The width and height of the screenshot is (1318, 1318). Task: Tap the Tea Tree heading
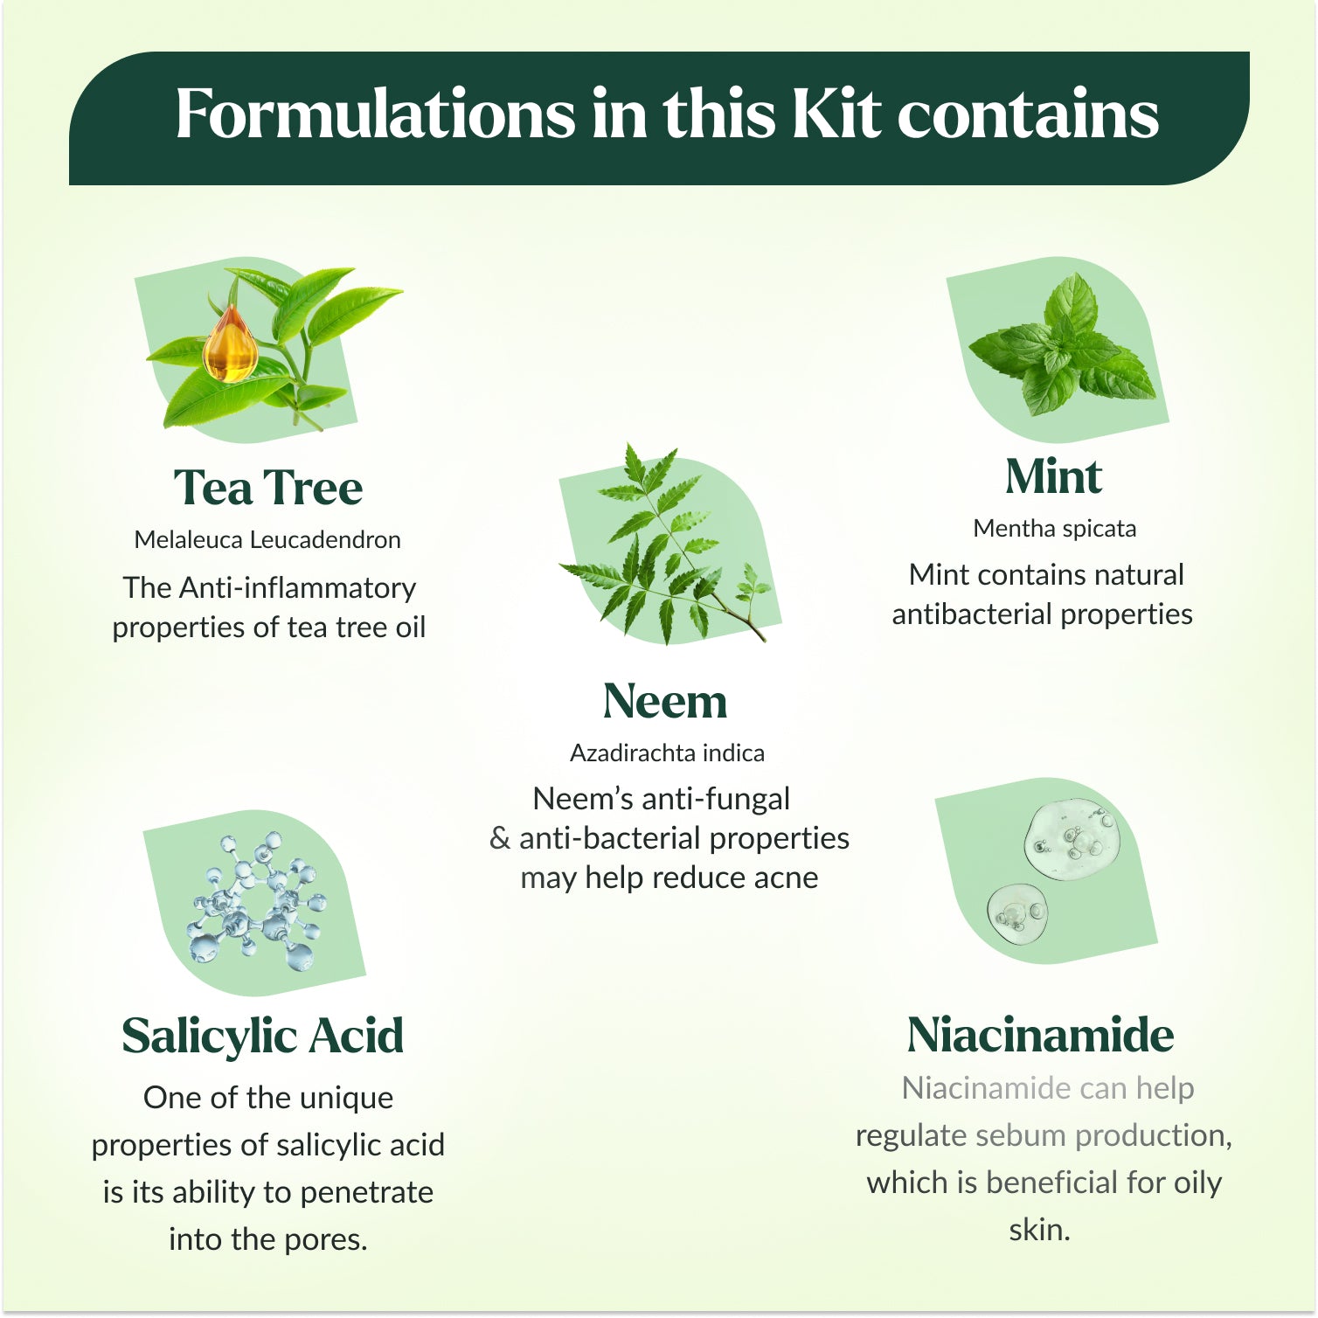(267, 487)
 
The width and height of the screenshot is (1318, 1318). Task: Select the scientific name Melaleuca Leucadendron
(267, 539)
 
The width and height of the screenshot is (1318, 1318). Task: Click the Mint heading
(1053, 476)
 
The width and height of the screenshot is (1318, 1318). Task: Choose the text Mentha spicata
(1055, 529)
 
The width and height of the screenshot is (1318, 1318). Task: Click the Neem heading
(665, 701)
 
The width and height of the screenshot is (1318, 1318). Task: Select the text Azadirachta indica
(667, 753)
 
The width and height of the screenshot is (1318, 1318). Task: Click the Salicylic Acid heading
(262, 1036)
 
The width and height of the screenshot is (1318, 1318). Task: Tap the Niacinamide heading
(1040, 1035)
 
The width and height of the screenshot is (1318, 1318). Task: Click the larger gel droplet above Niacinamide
(1072, 839)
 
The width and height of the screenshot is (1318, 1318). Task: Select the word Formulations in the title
(376, 114)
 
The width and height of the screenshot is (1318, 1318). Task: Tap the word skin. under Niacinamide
(1039, 1230)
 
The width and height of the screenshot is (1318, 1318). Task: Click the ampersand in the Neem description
(500, 838)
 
